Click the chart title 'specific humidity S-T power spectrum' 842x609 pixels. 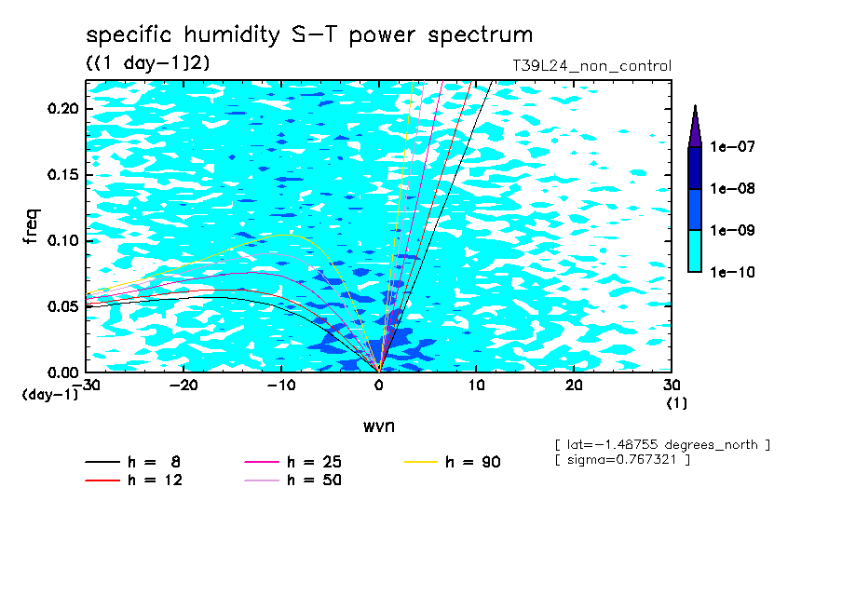click(309, 35)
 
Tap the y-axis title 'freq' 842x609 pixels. click(33, 225)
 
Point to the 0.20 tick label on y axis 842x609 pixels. click(62, 109)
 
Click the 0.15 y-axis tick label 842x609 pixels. click(62, 175)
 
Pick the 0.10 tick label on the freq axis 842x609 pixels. click(62, 240)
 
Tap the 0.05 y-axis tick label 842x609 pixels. click(62, 306)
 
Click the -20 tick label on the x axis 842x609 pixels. click(184, 385)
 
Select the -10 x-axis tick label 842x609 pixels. click(281, 385)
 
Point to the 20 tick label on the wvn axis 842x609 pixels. click(574, 385)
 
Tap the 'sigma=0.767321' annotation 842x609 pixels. click(622, 460)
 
